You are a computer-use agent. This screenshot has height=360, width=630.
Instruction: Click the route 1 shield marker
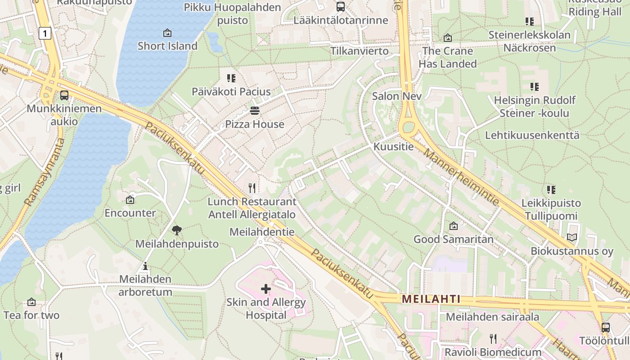point(45,33)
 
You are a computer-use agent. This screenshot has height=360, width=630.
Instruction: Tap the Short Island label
point(167,46)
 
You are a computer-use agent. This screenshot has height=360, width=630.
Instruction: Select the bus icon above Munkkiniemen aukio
point(64,95)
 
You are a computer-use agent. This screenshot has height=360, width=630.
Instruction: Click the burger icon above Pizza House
point(255,111)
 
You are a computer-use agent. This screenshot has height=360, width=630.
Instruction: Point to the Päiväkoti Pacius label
point(231,92)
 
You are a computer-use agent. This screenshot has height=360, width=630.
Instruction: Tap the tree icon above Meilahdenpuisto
point(177,231)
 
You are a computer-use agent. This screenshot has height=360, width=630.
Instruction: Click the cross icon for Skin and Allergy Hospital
point(266,288)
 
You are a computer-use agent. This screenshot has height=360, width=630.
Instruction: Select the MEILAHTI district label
point(431,299)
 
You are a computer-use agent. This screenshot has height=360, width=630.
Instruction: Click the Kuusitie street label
point(393,147)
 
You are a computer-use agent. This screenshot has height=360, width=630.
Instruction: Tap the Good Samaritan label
point(454,239)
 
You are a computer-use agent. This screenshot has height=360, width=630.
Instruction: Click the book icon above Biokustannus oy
point(572,238)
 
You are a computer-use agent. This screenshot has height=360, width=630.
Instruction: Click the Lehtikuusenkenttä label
point(532,135)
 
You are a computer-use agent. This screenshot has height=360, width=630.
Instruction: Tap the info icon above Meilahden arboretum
point(145,266)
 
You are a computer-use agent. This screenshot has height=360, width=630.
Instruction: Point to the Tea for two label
point(31,315)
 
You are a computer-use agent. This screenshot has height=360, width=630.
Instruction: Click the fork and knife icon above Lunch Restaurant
point(252,188)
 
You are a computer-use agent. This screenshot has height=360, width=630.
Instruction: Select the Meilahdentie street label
point(262,232)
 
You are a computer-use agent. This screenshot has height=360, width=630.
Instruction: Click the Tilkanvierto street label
point(360,51)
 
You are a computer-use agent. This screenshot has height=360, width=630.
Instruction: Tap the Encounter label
point(130,213)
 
